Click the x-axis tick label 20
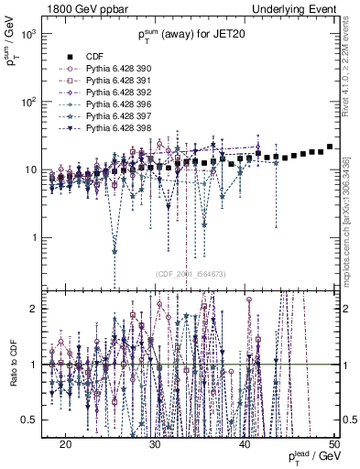(66, 443)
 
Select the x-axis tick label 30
(156, 443)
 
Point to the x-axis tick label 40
(245, 443)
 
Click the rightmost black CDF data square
(330, 147)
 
